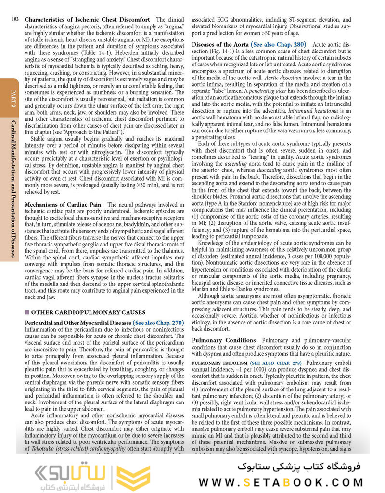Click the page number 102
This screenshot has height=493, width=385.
pyautogui.click(x=14, y=19)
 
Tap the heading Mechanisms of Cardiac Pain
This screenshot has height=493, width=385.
pyautogui.click(x=63, y=204)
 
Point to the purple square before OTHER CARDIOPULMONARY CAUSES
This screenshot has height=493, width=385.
pyautogui.click(x=27, y=312)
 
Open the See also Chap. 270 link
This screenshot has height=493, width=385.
pyautogui.click(x=158, y=323)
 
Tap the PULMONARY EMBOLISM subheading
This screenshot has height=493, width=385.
pyautogui.click(x=220, y=363)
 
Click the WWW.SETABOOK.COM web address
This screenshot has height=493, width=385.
pyautogui.click(x=289, y=482)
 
